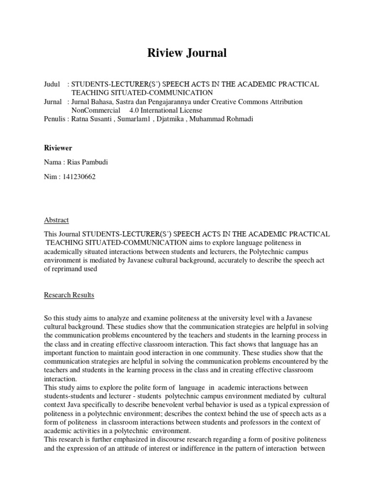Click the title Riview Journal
pyautogui.click(x=187, y=53)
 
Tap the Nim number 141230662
pyautogui.click(x=78, y=177)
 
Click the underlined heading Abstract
pyautogui.click(x=56, y=220)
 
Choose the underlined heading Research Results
pyautogui.click(x=69, y=295)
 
